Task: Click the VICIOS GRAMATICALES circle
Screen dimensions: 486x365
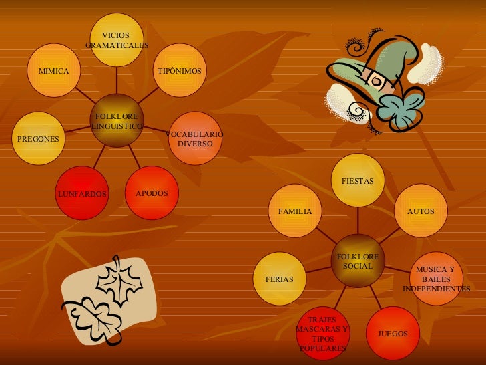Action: pos(117,39)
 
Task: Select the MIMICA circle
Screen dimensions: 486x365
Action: pos(55,70)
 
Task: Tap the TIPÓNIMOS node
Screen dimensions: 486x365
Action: pos(179,70)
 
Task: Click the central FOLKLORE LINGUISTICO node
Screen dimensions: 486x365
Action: pos(116,122)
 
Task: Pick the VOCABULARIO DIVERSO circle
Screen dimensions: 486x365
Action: pos(195,138)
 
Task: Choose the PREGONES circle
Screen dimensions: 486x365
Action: pos(39,138)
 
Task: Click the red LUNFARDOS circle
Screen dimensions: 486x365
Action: pos(81,193)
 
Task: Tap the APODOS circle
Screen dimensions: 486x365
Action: pos(152,193)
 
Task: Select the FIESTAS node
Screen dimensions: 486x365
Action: pos(358,180)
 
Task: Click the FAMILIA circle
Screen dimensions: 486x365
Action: pos(295,211)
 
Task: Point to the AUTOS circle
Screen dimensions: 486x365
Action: pos(421,211)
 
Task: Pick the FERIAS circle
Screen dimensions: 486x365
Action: pos(280,279)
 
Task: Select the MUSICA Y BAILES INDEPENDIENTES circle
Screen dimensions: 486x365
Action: pos(436,279)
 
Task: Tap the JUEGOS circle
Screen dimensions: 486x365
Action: pos(393,332)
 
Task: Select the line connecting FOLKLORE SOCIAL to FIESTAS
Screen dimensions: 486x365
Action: pos(358,220)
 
